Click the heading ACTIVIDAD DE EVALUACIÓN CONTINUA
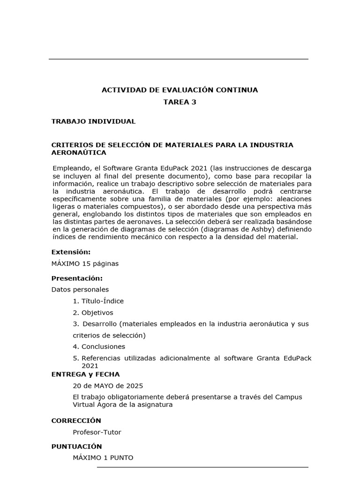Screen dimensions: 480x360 180,90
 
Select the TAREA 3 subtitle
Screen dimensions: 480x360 180,102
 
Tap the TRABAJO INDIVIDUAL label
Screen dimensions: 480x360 93,121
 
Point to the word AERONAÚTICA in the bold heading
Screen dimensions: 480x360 79,153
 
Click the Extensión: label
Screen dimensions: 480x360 71,252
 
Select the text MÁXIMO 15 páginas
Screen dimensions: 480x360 85,263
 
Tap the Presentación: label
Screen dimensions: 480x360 77,278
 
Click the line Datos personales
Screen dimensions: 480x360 80,290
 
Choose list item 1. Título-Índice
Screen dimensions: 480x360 98,301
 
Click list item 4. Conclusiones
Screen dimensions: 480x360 99,347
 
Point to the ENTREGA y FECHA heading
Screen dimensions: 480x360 85,375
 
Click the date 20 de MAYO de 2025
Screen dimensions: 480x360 108,386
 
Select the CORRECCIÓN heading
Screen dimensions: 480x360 76,421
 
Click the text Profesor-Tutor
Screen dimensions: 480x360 97,432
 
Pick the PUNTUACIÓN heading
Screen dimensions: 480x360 76,447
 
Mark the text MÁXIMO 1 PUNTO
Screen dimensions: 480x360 103,457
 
